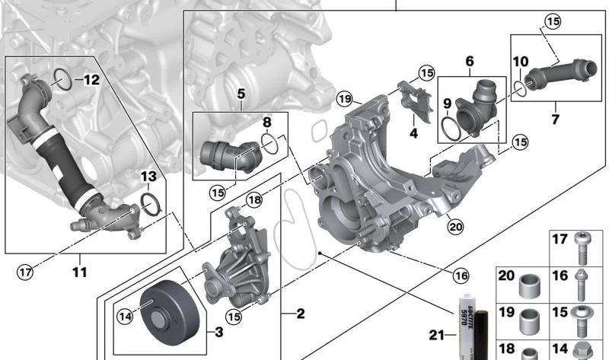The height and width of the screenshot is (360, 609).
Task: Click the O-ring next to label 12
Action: coord(65,78)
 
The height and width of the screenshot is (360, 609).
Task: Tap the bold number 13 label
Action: coord(148,177)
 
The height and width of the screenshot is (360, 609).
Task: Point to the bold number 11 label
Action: coord(80,272)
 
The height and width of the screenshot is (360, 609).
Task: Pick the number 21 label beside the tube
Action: coord(436,336)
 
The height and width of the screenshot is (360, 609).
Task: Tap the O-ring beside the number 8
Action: coord(269,142)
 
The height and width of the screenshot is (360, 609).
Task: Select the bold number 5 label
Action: coord(240,94)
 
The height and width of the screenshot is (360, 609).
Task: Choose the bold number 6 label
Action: coord(469,61)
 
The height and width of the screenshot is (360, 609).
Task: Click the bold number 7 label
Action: coord(555,119)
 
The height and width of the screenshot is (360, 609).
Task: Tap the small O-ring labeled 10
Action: coord(520,88)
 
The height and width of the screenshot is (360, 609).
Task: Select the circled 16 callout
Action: coord(461,276)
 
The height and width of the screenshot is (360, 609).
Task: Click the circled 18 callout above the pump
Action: coord(253,199)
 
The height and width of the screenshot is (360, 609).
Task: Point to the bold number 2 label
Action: coord(300,313)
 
